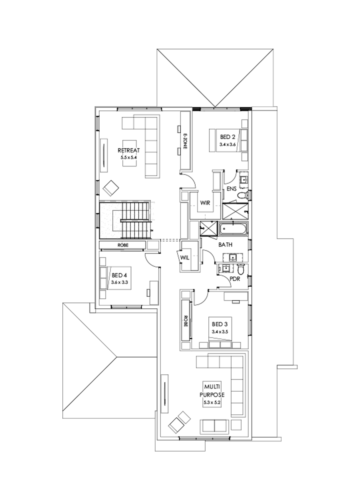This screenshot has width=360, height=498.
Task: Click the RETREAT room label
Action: pyautogui.click(x=128, y=150)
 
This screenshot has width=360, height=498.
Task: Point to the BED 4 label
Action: pyautogui.click(x=120, y=275)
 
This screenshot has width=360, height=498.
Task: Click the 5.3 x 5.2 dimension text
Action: pyautogui.click(x=212, y=401)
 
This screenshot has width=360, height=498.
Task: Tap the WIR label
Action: pyautogui.click(x=205, y=203)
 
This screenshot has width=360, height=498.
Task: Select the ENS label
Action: pyautogui.click(x=232, y=188)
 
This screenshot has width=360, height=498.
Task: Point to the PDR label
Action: pyautogui.click(x=235, y=279)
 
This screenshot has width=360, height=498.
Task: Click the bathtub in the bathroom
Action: pyautogui.click(x=234, y=229)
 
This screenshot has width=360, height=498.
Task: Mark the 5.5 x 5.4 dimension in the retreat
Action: pyautogui.click(x=128, y=158)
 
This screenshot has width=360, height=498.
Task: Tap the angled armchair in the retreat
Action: pyautogui.click(x=111, y=187)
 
